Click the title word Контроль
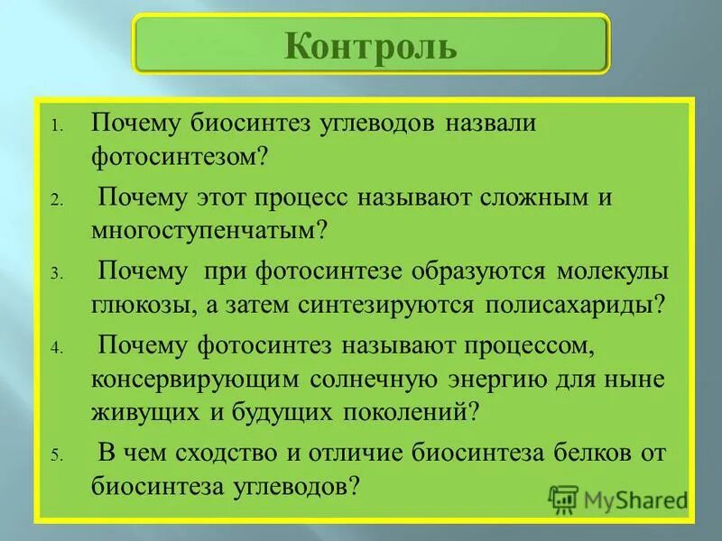[371, 45]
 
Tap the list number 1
[56, 127]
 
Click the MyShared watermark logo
[617, 499]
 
